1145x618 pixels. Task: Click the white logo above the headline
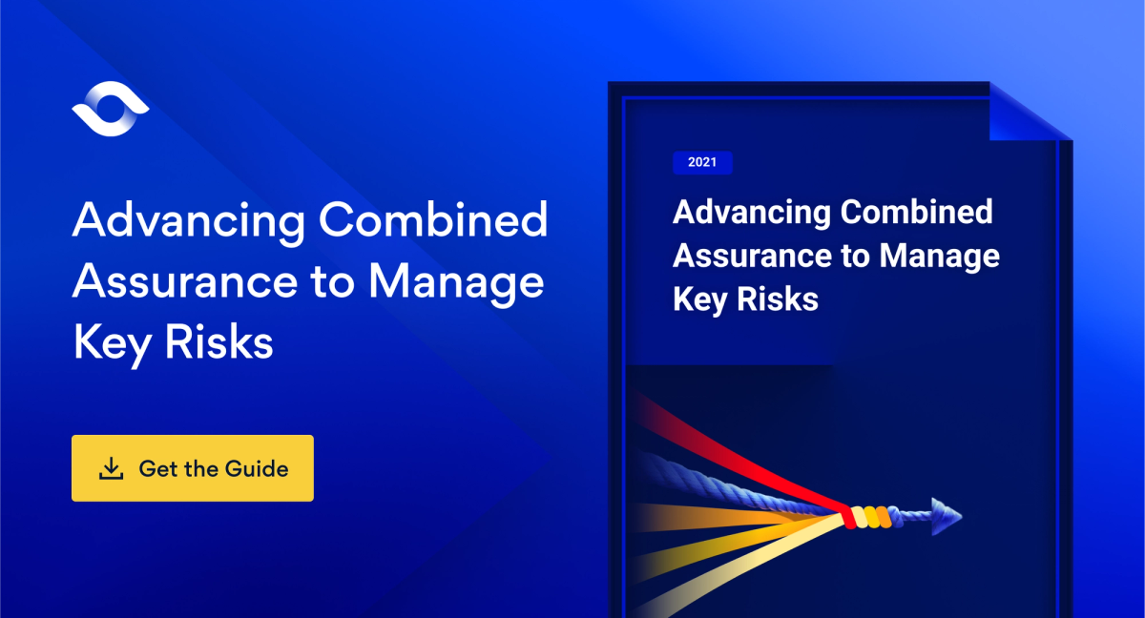[110, 110]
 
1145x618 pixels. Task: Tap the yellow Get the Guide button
[192, 468]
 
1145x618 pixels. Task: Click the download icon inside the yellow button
[112, 468]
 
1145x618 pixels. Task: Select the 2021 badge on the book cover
[702, 163]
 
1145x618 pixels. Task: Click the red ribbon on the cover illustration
[725, 448]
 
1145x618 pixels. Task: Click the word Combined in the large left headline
[433, 222]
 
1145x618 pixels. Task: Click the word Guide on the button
[256, 468]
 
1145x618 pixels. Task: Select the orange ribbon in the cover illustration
[725, 520]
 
